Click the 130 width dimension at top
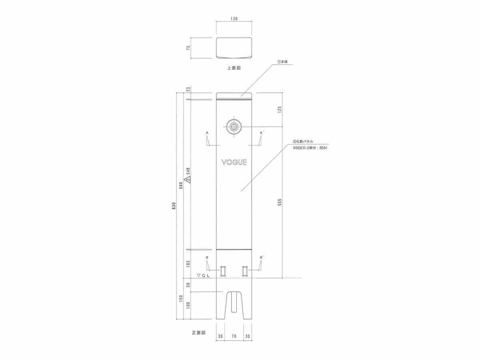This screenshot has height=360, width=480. pos(234,19)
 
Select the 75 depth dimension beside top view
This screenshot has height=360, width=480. pos(188,48)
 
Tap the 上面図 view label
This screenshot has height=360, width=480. pos(234,68)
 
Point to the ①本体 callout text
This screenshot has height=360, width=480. pos(282,62)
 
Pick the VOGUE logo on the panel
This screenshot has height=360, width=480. pos(234,162)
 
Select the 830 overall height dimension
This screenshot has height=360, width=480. pos(174,206)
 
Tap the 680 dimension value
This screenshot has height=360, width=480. pos(181,186)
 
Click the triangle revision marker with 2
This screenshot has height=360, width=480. pos(188,180)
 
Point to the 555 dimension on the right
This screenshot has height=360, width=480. pos(280,202)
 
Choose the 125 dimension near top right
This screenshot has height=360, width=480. pos(280,110)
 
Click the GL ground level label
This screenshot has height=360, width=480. pos(203,276)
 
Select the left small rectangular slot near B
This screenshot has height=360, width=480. pos(223,271)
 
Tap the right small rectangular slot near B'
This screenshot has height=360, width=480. pos(245,271)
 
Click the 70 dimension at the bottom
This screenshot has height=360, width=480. pos(234,336)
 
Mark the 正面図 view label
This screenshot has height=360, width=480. pos(199,333)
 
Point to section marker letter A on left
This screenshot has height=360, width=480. pos(207,133)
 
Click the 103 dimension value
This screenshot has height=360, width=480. pos(188,264)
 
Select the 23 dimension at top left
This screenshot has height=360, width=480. pos(188,89)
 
